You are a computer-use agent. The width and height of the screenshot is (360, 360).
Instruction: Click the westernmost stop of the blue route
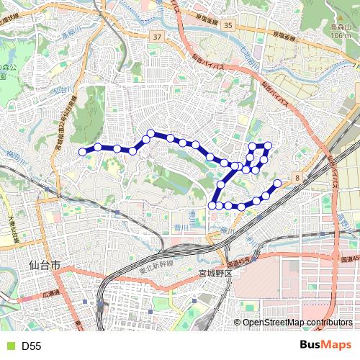click(x=82, y=152)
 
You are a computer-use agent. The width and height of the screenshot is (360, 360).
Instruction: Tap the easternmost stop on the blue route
click(x=276, y=184)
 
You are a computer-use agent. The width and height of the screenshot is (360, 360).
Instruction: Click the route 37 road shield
click(x=157, y=35)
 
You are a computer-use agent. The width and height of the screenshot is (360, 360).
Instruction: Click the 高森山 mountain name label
click(x=340, y=27)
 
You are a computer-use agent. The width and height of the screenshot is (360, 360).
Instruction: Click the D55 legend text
click(x=31, y=346)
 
